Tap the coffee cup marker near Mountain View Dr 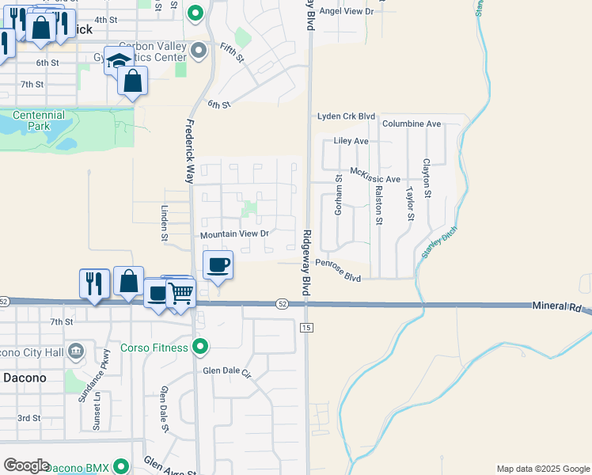coord(218,265)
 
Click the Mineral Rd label coord(556,306)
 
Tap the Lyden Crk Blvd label coord(346,116)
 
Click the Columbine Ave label coord(411,124)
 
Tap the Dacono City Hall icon coord(76,350)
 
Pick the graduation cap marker coord(117,61)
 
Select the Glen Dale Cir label coord(226,371)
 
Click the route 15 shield coord(306,327)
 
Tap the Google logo coord(27,465)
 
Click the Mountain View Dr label coord(235,234)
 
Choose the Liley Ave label coord(351,141)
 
